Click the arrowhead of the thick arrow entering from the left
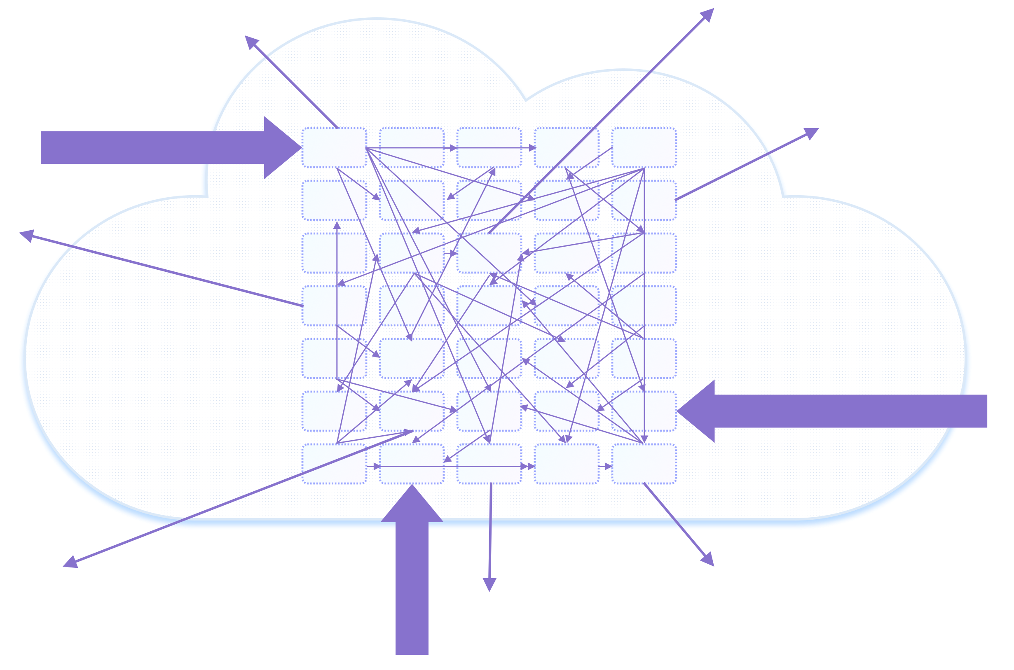pyautogui.click(x=282, y=147)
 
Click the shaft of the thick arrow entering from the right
pyautogui.click(x=851, y=411)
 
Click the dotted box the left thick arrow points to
pyautogui.click(x=334, y=147)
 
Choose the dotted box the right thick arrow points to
pyautogui.click(x=644, y=411)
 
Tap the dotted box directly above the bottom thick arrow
pyautogui.click(x=412, y=464)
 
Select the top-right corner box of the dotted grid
pyautogui.click(x=644, y=147)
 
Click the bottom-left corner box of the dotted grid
pyautogui.click(x=334, y=464)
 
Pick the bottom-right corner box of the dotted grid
pyautogui.click(x=644, y=464)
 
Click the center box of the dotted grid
pyautogui.click(x=489, y=306)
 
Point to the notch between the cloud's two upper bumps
pyautogui.click(x=527, y=98)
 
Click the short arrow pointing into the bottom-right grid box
pyautogui.click(x=605, y=467)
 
